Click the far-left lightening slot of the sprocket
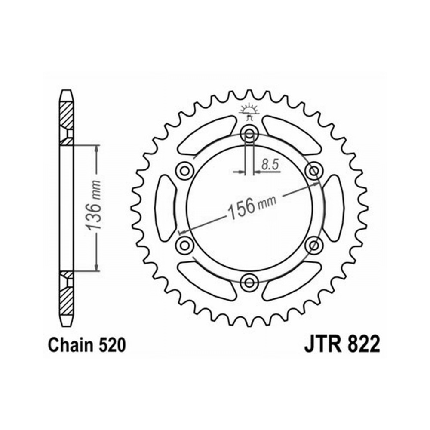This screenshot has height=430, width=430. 166,208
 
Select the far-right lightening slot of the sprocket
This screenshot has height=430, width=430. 332,208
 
